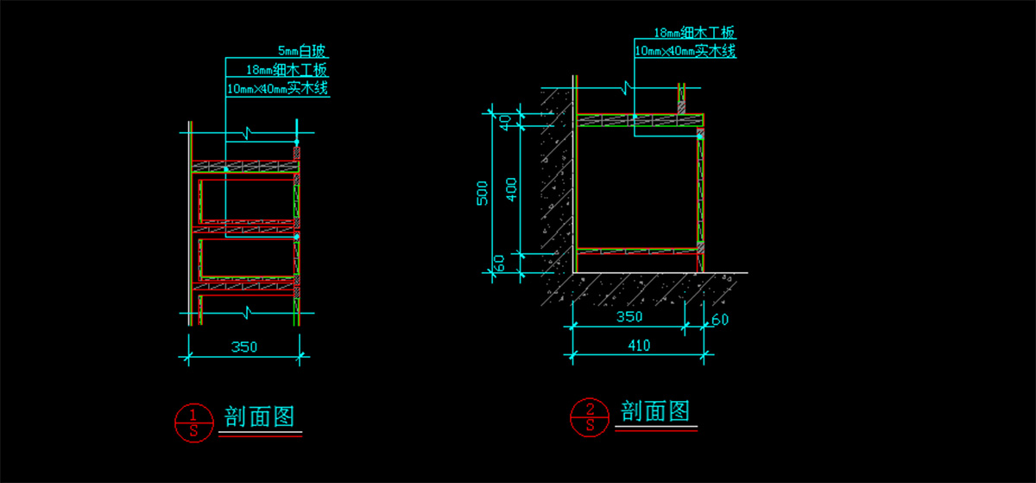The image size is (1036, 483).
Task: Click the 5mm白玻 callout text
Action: coord(303,51)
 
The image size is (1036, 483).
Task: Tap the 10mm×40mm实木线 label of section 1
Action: coord(278,88)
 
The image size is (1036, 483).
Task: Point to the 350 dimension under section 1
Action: coord(243,346)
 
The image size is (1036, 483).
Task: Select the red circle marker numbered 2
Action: coord(590,416)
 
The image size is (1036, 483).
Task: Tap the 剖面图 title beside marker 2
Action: coord(656,411)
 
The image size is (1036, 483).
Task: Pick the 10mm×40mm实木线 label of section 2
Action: coord(685,52)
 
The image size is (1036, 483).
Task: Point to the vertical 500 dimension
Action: coord(483,192)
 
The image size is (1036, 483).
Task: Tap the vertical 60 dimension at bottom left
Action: coord(498,263)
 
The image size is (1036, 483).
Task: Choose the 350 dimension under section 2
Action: coord(629,317)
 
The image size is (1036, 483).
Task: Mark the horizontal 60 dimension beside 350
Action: coord(720,321)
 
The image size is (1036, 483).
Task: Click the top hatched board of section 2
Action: coord(639,120)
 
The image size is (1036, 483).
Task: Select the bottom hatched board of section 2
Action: coord(637,251)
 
